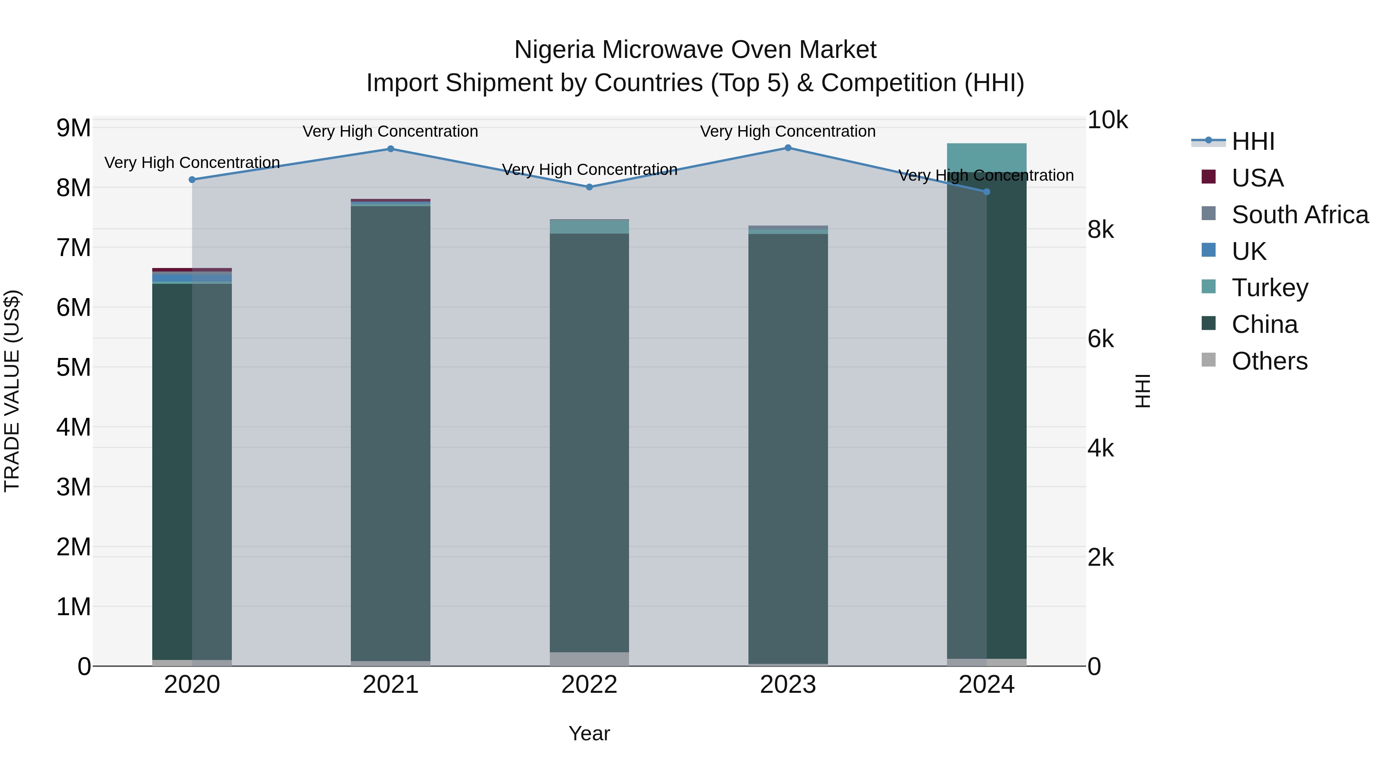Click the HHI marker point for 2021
pyautogui.click(x=390, y=149)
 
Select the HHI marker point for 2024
pyautogui.click(x=986, y=192)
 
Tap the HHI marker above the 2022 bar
pyautogui.click(x=589, y=187)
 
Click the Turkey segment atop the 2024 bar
pyautogui.click(x=986, y=158)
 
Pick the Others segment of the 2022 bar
pyautogui.click(x=589, y=659)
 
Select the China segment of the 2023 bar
pyautogui.click(x=788, y=448)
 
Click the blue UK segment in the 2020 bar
pyautogui.click(x=192, y=277)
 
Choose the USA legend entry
pyautogui.click(x=1257, y=178)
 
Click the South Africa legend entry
pyautogui.click(x=1299, y=215)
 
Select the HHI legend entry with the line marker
pyautogui.click(x=1252, y=141)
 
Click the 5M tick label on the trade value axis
pyautogui.click(x=73, y=368)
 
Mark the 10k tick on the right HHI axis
pyautogui.click(x=1107, y=120)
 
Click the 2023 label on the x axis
pyautogui.click(x=788, y=685)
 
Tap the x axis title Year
pyautogui.click(x=589, y=733)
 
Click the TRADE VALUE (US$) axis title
pyautogui.click(x=12, y=391)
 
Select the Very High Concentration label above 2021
pyautogui.click(x=390, y=131)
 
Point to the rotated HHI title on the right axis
pyautogui.click(x=1144, y=391)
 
